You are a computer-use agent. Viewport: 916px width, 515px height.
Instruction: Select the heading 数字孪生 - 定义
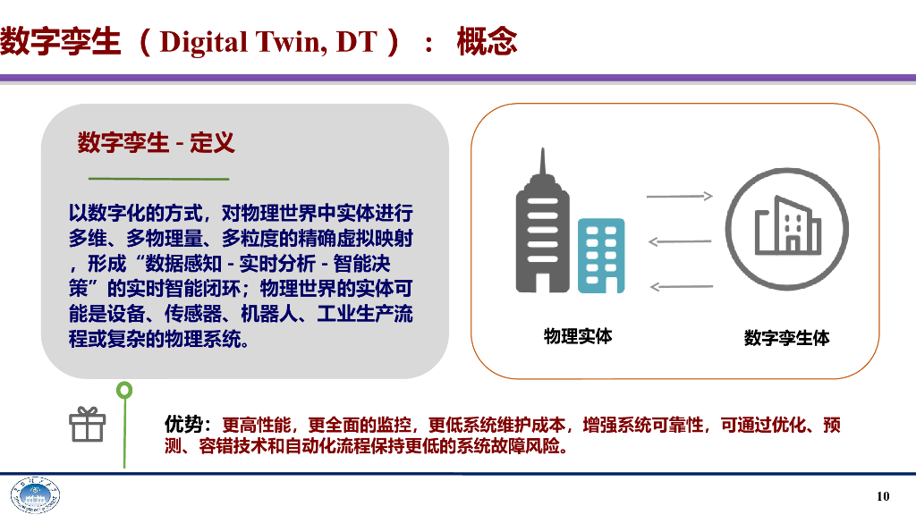(156, 142)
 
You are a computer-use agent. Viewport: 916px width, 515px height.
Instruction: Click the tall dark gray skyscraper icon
(542, 229)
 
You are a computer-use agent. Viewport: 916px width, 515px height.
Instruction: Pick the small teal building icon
(600, 256)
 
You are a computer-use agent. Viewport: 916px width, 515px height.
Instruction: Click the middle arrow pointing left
(680, 241)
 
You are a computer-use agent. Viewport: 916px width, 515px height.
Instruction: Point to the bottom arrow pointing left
(680, 286)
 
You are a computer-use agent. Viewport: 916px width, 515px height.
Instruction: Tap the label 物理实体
(578, 336)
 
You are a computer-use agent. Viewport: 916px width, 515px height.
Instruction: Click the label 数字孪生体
(786, 338)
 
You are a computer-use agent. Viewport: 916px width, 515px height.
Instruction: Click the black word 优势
(184, 425)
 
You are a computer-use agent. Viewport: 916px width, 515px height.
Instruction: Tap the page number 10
(883, 496)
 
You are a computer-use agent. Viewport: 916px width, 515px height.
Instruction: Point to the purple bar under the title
(458, 79)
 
